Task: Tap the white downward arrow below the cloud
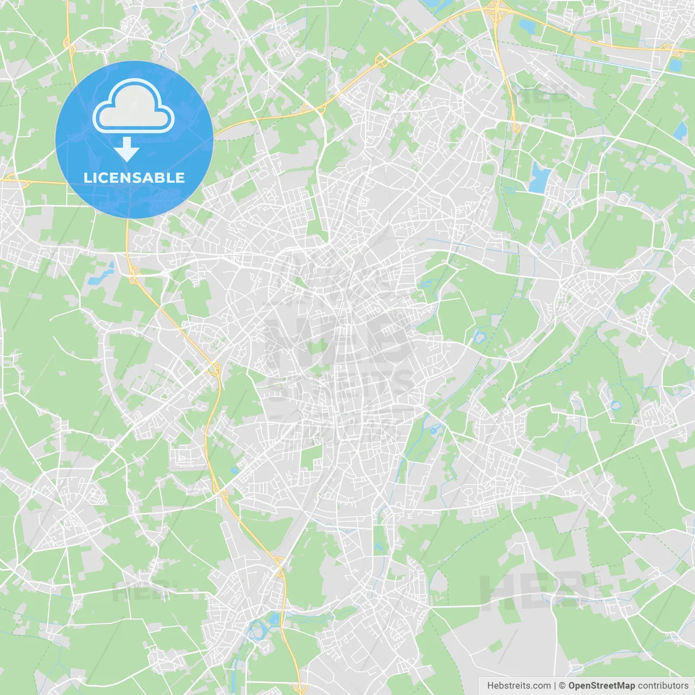point(127,149)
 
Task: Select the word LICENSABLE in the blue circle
point(134,178)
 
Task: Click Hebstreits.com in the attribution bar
point(519,686)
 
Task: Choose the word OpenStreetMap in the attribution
point(601,686)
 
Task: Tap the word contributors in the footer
point(663,686)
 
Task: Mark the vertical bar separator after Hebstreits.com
point(555,686)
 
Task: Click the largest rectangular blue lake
point(539,178)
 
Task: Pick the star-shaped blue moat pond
point(479,337)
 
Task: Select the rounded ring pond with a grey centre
point(616,405)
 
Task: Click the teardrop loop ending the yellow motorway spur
point(516,128)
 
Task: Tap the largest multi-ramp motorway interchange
point(496,9)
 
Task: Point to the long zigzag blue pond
point(101,275)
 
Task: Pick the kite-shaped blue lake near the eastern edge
point(680,130)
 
